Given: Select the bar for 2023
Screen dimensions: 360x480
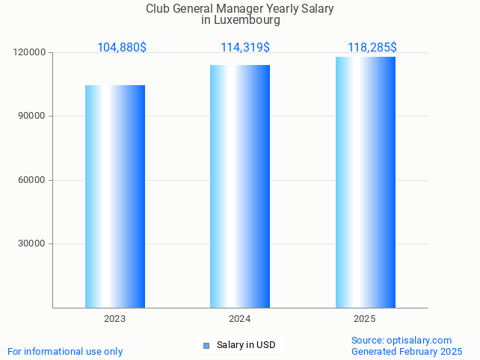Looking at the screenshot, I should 115,196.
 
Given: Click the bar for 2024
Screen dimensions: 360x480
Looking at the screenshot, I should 240,186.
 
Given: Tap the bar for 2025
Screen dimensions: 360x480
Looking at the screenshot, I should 365,182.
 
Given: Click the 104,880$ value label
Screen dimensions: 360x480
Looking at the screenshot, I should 122,48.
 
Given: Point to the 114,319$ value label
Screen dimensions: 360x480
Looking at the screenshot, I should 245,48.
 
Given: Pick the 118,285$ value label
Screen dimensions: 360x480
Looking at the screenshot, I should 372,48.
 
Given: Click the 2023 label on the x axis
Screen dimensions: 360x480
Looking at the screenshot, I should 115,319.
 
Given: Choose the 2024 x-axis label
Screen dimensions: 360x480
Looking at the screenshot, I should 240,319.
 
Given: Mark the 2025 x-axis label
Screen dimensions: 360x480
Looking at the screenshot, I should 365,319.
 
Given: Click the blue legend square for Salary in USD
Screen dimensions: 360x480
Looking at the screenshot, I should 206,345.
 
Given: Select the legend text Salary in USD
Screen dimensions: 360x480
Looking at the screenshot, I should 246,345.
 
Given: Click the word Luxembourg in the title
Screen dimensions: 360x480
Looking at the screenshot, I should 246,21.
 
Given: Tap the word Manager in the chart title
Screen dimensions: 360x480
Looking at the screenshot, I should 227,9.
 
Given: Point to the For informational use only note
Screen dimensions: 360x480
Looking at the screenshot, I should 65,351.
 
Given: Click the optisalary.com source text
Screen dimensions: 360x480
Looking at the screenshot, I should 419,340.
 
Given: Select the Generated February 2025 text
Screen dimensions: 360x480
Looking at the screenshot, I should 407,351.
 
